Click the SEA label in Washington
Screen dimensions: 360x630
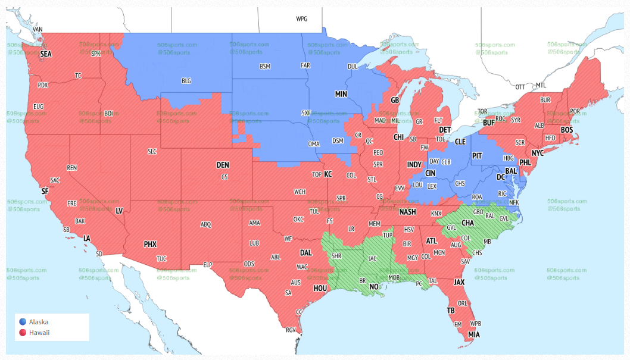[46, 54]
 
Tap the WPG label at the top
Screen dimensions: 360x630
[302, 19]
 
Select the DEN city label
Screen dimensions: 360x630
[222, 165]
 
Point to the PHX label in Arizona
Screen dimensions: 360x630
[150, 244]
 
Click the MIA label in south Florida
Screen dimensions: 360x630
[473, 334]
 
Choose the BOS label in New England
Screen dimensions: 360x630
[567, 130]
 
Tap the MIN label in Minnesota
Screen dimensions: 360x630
[341, 94]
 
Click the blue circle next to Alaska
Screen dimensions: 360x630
[23, 322]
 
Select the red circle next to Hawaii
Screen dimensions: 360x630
[23, 333]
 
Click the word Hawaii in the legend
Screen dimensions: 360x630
[39, 333]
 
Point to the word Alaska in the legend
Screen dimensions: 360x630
[39, 322]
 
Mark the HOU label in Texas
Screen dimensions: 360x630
[321, 289]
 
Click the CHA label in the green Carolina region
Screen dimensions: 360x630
[467, 223]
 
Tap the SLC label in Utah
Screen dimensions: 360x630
[152, 152]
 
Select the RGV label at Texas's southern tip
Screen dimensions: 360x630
[291, 330]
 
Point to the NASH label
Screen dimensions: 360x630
[407, 212]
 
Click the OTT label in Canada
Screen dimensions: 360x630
[520, 86]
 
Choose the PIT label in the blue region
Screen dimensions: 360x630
[477, 155]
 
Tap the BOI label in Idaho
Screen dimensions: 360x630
[108, 113]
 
